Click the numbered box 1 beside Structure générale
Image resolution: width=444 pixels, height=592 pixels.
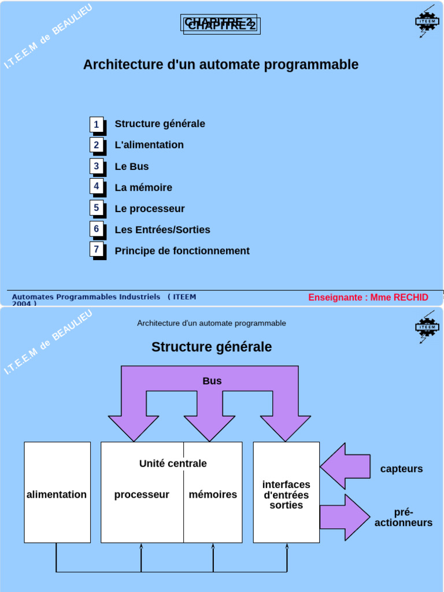click(97, 124)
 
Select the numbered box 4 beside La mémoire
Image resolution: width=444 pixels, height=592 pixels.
click(97, 186)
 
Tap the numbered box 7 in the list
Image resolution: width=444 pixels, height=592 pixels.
click(97, 249)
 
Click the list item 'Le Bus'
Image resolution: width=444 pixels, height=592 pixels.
click(132, 166)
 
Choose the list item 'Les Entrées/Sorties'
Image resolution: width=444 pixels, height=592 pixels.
click(162, 230)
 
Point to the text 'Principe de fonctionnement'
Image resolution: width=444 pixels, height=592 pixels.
click(182, 251)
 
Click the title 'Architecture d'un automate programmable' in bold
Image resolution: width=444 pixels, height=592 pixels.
click(221, 64)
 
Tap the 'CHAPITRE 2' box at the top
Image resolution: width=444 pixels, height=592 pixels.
click(220, 24)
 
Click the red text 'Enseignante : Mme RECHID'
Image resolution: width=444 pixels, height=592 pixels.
click(368, 297)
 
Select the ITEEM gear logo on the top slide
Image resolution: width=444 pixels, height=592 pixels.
click(427, 21)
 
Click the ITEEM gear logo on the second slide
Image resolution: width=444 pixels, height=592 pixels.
click(427, 327)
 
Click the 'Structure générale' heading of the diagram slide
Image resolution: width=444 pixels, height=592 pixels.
click(212, 347)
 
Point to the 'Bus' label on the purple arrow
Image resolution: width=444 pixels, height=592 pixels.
click(212, 381)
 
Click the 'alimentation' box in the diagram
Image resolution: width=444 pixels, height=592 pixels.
click(57, 493)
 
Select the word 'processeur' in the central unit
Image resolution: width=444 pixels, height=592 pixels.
click(142, 495)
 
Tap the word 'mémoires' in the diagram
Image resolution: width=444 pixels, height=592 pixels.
click(213, 495)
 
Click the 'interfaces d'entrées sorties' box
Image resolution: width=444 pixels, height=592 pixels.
click(286, 493)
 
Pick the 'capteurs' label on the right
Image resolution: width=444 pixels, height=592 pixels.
click(401, 469)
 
